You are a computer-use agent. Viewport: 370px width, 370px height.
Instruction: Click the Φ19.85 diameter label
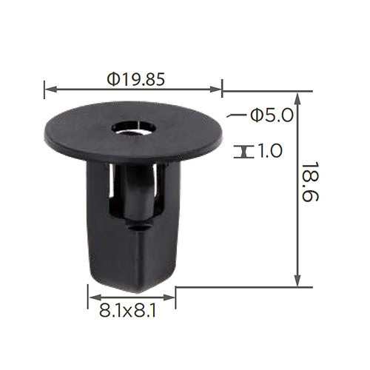pyautogui.click(x=135, y=79)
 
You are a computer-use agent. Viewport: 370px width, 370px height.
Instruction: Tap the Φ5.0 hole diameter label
pyautogui.click(x=272, y=115)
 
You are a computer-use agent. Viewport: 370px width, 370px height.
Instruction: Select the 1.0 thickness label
pyautogui.click(x=269, y=151)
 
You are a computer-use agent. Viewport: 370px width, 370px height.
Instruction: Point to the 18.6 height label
pyautogui.click(x=310, y=182)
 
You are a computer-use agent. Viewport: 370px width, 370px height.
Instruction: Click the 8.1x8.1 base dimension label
pyautogui.click(x=127, y=311)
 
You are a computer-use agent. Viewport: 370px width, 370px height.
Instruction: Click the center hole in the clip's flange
pyautogui.click(x=134, y=128)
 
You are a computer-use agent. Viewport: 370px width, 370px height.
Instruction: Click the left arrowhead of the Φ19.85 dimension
pyautogui.click(x=50, y=90)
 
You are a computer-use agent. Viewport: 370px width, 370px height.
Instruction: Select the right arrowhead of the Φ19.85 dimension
pyautogui.click(x=215, y=90)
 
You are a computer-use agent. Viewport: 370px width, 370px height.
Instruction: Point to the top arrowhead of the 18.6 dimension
pyautogui.click(x=298, y=98)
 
